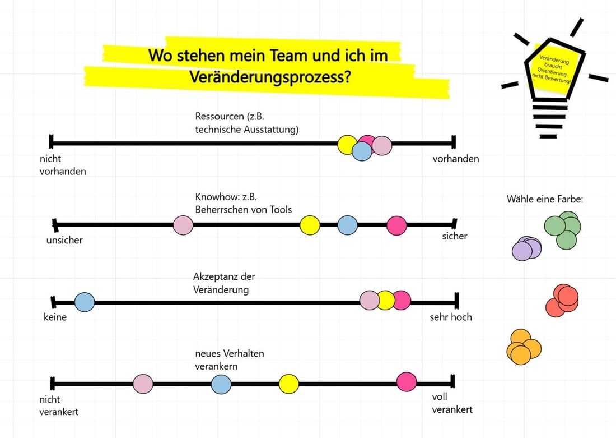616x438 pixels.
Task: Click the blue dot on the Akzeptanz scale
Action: click(85, 302)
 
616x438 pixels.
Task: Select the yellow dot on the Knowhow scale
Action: click(310, 225)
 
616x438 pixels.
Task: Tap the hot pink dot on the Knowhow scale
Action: click(396, 225)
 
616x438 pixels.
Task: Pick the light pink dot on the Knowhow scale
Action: click(183, 225)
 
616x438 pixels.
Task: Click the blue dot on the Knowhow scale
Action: click(348, 225)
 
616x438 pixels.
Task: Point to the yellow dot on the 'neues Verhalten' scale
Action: click(289, 384)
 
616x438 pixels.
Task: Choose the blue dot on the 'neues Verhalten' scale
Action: click(221, 384)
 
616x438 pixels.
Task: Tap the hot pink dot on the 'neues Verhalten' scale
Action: click(407, 381)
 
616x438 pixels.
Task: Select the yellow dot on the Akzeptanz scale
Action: click(385, 301)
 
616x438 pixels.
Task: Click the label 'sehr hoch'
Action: click(451, 317)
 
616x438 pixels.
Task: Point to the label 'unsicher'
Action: click(65, 240)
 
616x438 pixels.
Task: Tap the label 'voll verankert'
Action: click(452, 403)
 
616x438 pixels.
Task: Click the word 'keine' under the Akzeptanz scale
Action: click(55, 317)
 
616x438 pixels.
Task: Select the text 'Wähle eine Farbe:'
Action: click(545, 199)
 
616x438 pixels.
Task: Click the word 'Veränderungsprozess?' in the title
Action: click(270, 77)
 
